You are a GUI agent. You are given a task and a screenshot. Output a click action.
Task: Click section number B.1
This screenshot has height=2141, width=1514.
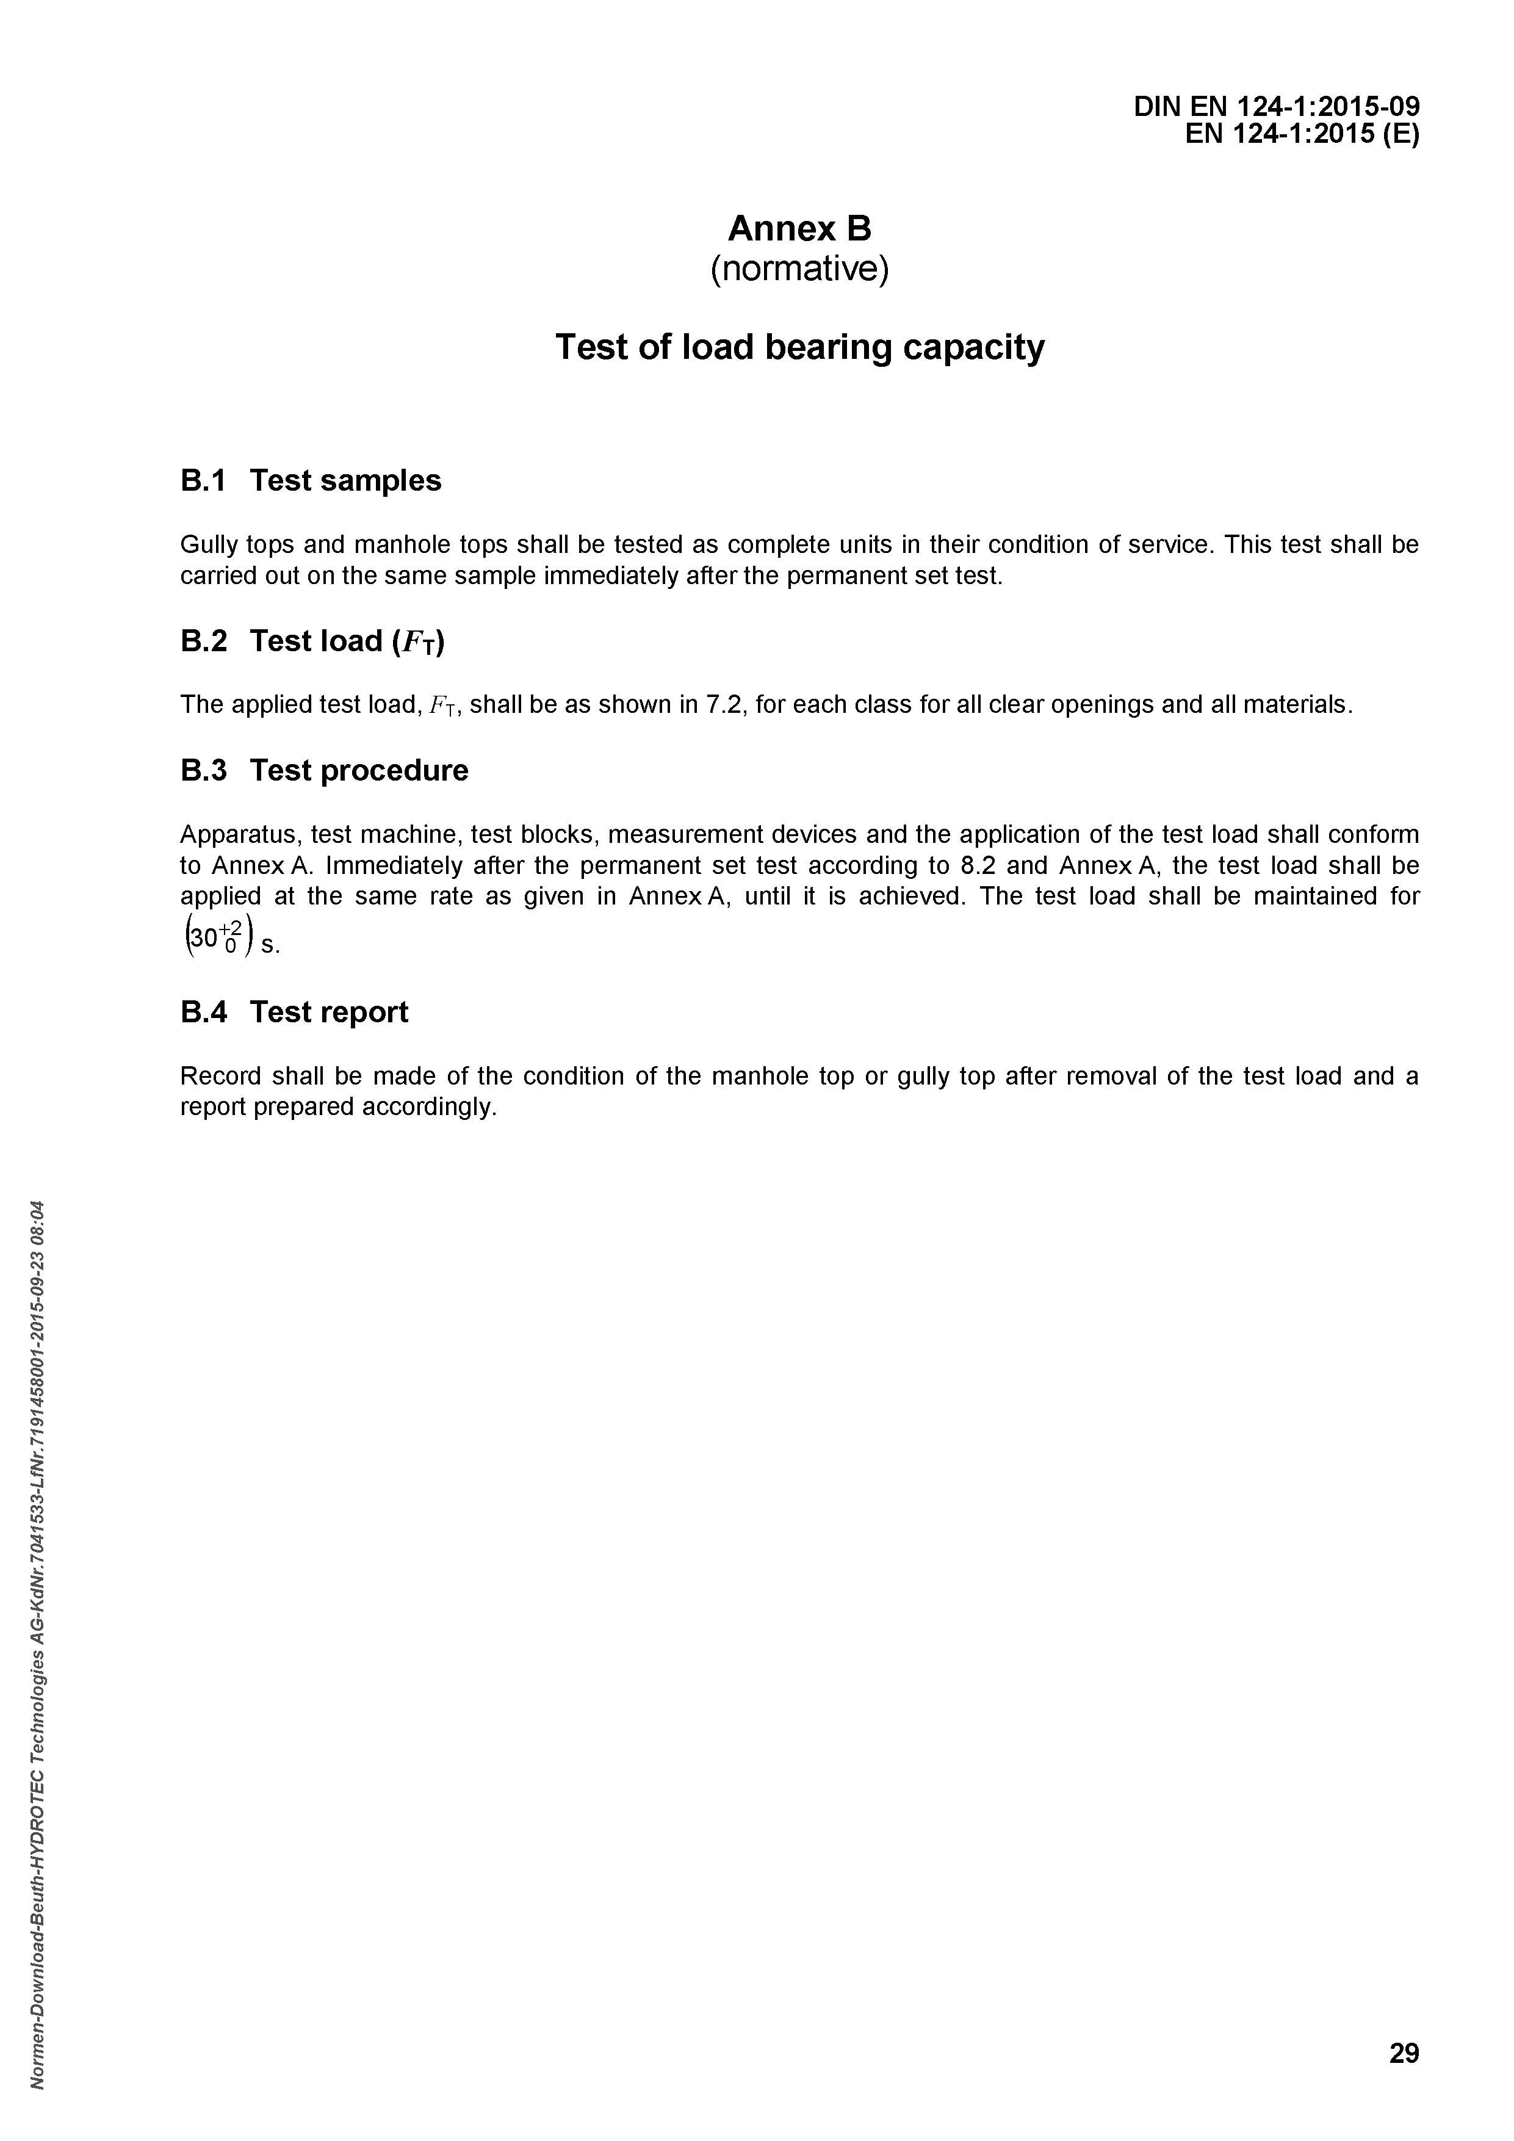pyautogui.click(x=203, y=480)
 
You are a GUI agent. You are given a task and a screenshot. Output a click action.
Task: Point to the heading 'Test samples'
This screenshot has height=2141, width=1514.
pyautogui.click(x=345, y=480)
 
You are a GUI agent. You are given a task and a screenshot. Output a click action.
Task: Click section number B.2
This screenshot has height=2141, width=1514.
pyautogui.click(x=203, y=641)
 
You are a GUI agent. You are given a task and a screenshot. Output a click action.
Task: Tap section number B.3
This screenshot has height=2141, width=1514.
pyautogui.click(x=203, y=770)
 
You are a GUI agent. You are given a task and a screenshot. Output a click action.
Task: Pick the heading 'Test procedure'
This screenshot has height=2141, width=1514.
pyautogui.click(x=359, y=770)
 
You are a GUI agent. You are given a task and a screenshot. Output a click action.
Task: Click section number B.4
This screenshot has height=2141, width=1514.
pyautogui.click(x=203, y=1012)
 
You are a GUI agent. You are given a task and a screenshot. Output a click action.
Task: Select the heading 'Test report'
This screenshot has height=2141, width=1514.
pyautogui.click(x=328, y=1012)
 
